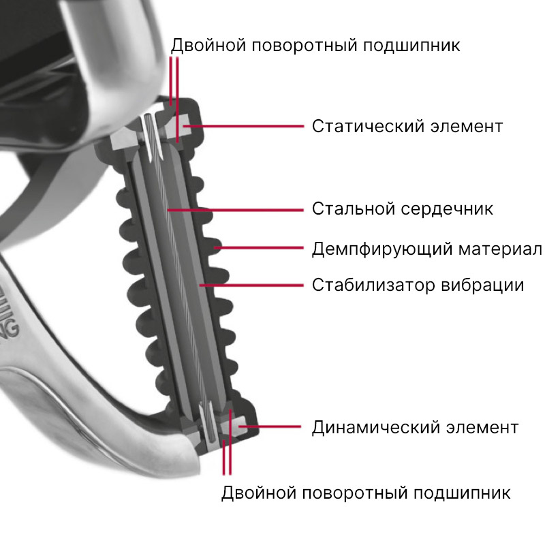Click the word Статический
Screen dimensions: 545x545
[368, 127]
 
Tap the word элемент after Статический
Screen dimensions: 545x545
[467, 127]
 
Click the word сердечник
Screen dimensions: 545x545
[447, 209]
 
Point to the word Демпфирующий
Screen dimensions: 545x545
[381, 249]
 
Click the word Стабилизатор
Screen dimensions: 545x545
[373, 285]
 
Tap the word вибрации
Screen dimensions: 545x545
[483, 285]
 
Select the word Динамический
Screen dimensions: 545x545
[375, 428]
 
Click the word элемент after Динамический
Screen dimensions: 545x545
[482, 428]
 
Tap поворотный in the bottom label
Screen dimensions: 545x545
[355, 493]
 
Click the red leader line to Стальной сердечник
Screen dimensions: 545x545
[235, 211]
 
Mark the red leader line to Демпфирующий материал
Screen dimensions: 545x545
[259, 248]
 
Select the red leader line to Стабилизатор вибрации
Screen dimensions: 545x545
[251, 285]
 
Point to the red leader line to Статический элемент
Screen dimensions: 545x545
[243, 126]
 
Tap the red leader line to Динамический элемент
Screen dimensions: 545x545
[270, 426]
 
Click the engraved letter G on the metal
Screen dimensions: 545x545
[13, 328]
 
